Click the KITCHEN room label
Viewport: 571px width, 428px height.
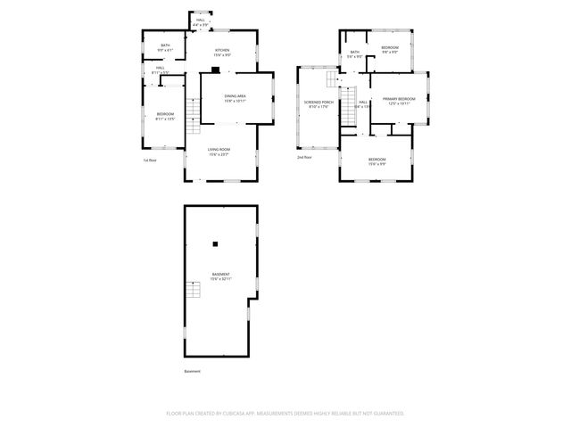coord(222,50)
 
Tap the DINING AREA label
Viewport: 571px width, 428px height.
coord(235,96)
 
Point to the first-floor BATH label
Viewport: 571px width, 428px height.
coord(165,45)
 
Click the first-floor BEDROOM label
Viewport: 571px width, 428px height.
coord(165,114)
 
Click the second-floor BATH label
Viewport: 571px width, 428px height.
coord(354,53)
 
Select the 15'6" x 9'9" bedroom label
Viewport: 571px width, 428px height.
coord(377,159)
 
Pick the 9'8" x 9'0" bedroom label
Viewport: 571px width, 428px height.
coord(390,47)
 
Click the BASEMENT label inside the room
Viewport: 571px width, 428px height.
coord(220,274)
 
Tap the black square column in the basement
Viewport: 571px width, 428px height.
coord(215,243)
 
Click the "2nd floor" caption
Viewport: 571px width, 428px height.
coord(305,157)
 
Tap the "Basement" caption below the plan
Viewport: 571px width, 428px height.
coord(193,371)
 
